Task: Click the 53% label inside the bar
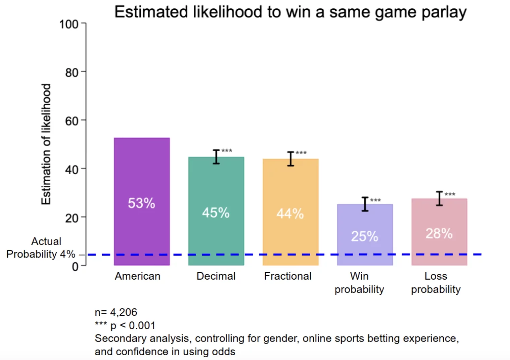tap(141, 203)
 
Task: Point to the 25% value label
tap(365, 236)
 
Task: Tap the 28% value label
tap(439, 233)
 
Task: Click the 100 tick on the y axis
tap(69, 24)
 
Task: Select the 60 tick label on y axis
tap(72, 121)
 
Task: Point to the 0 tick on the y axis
tap(75, 266)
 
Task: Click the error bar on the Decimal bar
tap(216, 157)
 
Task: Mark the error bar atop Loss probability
tap(439, 198)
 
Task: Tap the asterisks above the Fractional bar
tap(301, 153)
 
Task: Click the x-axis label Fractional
tap(288, 276)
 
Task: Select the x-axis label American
tap(137, 276)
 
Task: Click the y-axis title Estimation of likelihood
tap(46, 144)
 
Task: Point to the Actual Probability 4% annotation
tap(41, 248)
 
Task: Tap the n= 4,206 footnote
tap(116, 312)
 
